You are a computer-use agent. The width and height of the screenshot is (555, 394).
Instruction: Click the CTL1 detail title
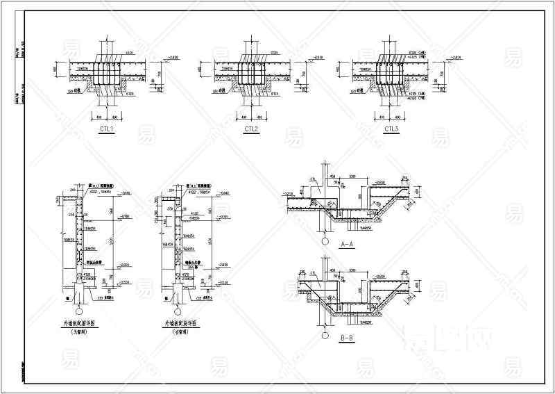tap(107, 129)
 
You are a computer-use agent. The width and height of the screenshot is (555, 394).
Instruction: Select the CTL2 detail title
tap(250, 129)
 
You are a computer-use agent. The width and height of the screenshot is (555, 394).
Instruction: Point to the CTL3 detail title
tap(392, 129)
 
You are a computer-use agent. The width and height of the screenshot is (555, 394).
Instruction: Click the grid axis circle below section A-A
tap(325, 241)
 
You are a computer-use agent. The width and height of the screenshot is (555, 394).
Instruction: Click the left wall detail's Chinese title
tap(82, 324)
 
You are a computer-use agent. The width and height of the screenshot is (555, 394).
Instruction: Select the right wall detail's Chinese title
tap(180, 324)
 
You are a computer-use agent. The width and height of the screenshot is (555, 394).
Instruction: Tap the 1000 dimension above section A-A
tap(353, 178)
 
